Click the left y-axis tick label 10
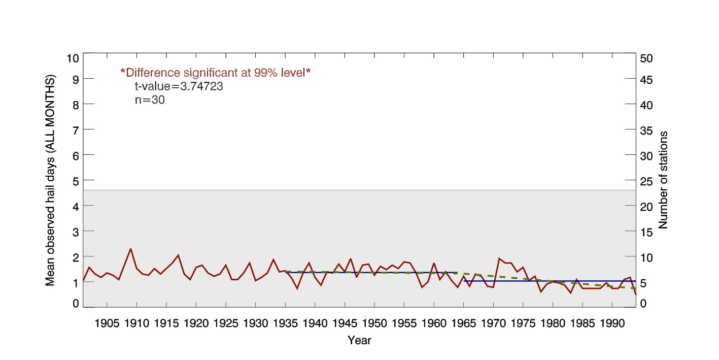(73, 58)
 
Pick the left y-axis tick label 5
(76, 181)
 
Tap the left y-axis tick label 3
(76, 232)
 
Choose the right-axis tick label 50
(647, 58)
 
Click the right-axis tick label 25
(647, 181)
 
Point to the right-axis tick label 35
(647, 130)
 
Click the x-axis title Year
(359, 341)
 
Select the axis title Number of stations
(663, 180)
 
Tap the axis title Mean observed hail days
(50, 181)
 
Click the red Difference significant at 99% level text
(215, 73)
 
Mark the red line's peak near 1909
(131, 249)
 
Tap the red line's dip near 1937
(297, 288)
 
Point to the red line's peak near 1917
(178, 255)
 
